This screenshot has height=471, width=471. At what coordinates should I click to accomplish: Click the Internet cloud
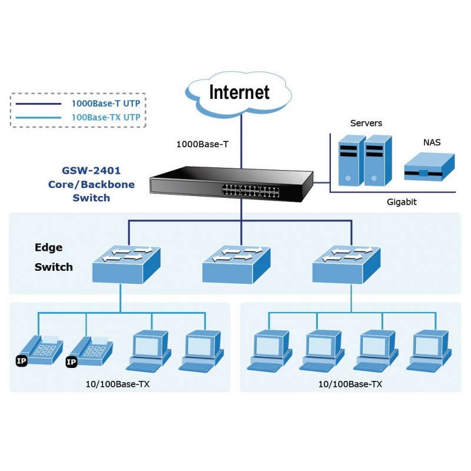(240, 92)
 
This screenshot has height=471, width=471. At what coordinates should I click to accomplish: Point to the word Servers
(366, 123)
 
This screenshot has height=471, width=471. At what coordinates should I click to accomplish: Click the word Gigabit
(402, 201)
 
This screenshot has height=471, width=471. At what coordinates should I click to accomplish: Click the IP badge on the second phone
(71, 361)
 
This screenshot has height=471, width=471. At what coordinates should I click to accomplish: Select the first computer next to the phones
(148, 351)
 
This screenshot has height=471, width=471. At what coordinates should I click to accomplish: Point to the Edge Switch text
(53, 257)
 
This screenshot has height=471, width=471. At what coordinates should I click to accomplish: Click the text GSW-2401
(91, 171)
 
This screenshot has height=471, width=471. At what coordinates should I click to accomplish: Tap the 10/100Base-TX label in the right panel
(350, 384)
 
